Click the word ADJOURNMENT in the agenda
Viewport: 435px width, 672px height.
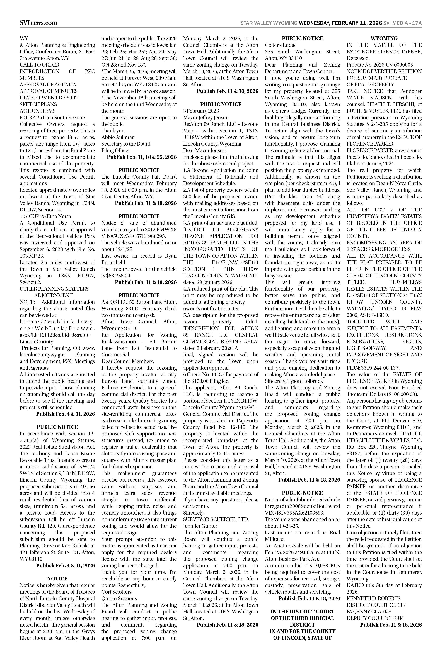53,295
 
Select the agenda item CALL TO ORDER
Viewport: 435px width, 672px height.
40,65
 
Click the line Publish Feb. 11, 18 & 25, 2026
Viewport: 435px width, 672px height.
142,157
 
